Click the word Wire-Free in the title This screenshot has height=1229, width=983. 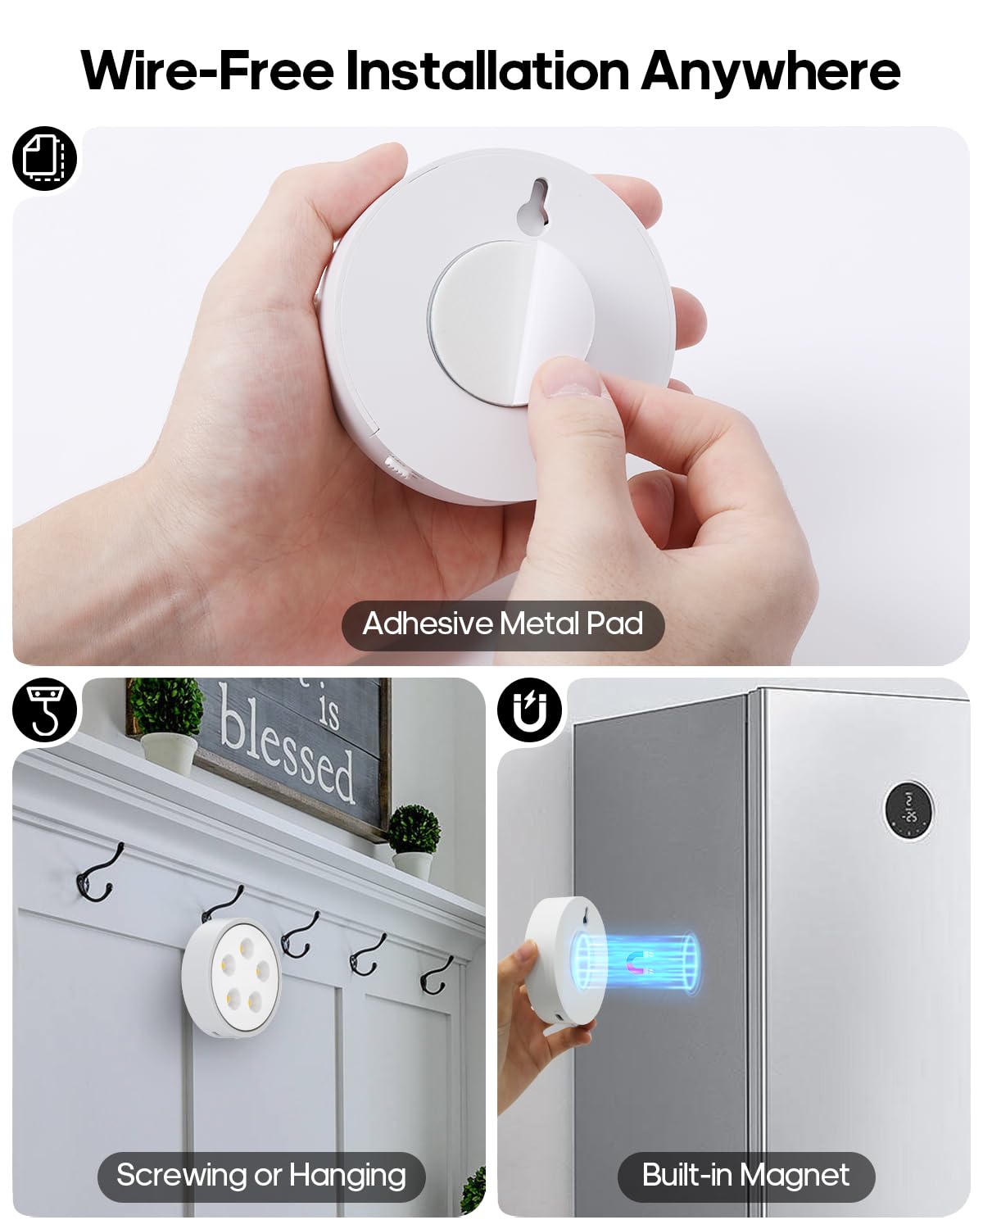pos(207,71)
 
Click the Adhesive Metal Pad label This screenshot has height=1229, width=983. pos(502,624)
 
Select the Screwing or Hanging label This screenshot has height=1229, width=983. pos(261,1176)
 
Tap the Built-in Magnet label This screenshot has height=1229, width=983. pos(745,1176)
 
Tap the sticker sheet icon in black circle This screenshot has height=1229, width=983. pos(44,158)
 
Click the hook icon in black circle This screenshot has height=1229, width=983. pos(44,710)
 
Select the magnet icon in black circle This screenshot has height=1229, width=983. pos(529,710)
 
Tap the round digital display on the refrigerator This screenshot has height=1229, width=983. pos(908,808)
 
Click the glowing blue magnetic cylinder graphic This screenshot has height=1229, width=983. pos(637,962)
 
